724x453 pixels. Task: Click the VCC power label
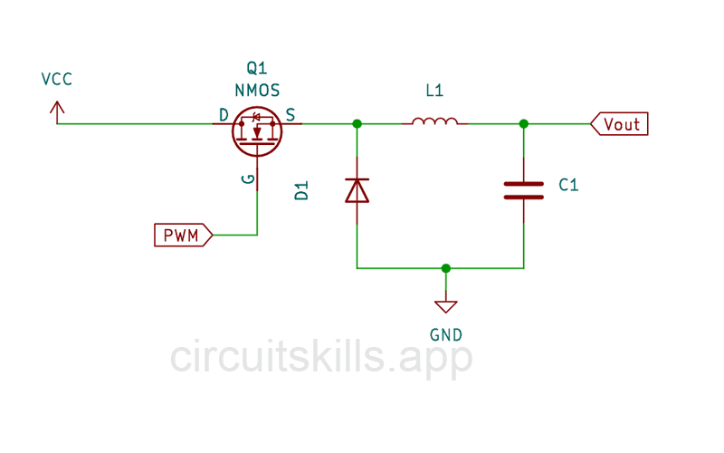[56, 79]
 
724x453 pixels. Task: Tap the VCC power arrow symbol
[57, 111]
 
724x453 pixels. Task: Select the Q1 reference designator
[257, 69]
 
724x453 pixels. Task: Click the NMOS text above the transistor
[257, 91]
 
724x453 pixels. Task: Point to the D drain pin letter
[223, 114]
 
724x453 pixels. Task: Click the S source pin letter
[290, 114]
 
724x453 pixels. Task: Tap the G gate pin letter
[248, 179]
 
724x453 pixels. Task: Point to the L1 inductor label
[435, 92]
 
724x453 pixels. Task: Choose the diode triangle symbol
[357, 190]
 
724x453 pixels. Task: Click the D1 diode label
[302, 191]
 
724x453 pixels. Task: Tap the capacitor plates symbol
[524, 189]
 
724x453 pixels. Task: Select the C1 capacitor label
[568, 185]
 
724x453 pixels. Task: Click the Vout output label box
[620, 124]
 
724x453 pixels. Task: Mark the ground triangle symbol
[445, 306]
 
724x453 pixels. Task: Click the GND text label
[446, 334]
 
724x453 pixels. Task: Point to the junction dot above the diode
[357, 124]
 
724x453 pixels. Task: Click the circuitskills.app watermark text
[321, 358]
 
